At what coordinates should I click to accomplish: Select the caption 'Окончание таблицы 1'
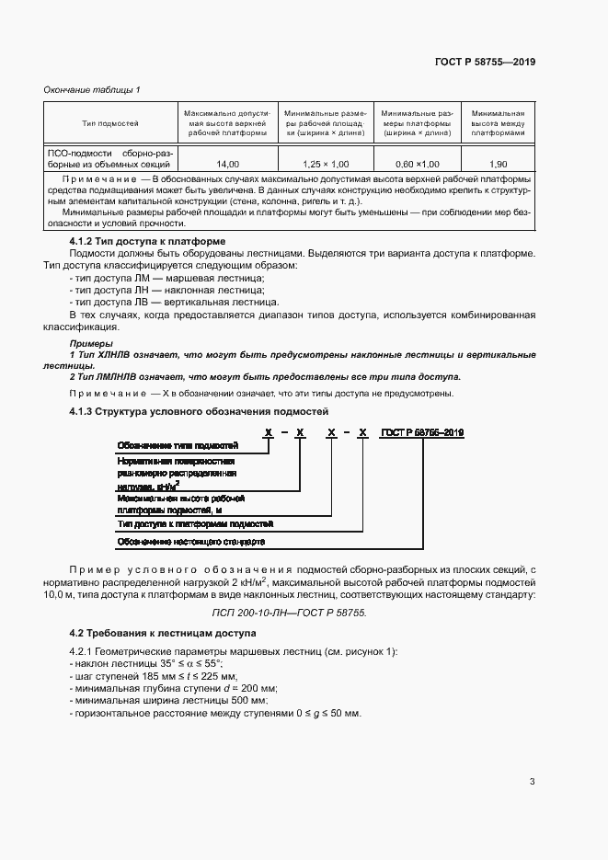(92, 89)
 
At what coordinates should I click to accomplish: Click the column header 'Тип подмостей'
(110, 121)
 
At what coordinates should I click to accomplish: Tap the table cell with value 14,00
(226, 162)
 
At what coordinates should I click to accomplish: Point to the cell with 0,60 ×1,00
(416, 162)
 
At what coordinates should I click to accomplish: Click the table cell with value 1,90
(498, 162)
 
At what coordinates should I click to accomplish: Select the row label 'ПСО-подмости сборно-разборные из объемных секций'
(110, 157)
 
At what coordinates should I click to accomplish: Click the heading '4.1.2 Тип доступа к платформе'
(148, 241)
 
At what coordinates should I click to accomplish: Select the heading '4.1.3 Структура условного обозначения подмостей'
(199, 411)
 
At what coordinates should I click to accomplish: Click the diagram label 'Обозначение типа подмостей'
(172, 445)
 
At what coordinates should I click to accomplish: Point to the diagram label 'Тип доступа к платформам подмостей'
(194, 523)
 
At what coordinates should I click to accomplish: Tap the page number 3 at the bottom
(532, 782)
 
